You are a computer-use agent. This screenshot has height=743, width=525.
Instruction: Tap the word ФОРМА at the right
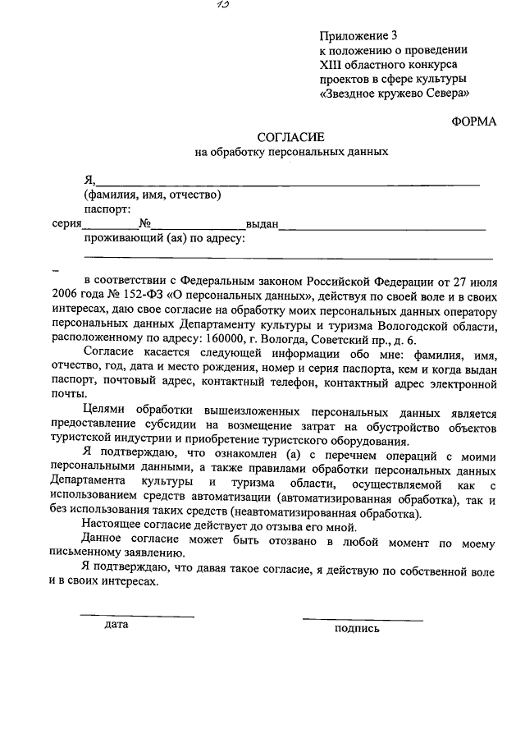pos(474,121)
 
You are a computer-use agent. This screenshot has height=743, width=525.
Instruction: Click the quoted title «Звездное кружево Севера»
pos(394,94)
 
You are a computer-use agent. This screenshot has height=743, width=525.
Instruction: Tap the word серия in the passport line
pos(66,223)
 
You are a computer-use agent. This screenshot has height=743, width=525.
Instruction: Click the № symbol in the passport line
pos(144,223)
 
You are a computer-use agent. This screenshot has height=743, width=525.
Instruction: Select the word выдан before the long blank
pos(263,224)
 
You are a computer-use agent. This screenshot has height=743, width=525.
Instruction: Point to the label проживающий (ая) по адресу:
pos(163,239)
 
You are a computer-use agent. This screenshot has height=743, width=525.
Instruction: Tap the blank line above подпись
pos(362,619)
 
